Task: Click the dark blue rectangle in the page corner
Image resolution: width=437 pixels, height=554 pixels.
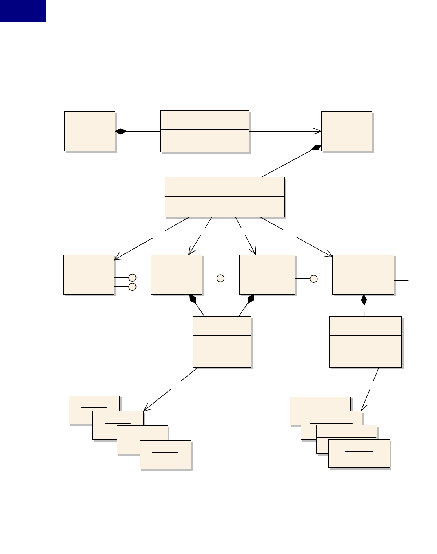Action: (22, 11)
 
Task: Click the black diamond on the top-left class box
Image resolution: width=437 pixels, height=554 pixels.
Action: (121, 132)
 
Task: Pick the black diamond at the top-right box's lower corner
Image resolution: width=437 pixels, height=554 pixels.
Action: (316, 147)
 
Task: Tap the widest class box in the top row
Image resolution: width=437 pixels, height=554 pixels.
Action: (205, 132)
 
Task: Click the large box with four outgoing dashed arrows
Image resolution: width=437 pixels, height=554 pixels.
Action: (224, 197)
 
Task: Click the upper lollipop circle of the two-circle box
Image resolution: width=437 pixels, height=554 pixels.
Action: (133, 278)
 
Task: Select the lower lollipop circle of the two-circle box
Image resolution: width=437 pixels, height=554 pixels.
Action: (133, 287)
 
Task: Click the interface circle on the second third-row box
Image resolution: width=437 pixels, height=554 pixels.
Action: (220, 278)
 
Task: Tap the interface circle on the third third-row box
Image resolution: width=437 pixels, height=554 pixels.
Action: (313, 279)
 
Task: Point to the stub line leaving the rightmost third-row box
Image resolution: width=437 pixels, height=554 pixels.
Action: (401, 281)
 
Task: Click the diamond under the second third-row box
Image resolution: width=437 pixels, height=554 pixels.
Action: (193, 299)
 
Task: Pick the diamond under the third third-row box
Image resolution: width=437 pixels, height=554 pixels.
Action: (251, 299)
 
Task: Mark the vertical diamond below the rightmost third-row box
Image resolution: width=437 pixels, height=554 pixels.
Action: (364, 300)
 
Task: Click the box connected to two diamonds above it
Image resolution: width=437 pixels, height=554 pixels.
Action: (222, 342)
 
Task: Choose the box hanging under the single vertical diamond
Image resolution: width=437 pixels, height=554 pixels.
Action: (365, 342)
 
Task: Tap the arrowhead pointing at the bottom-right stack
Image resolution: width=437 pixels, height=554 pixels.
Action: (363, 407)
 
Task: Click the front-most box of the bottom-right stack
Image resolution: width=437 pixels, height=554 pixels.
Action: (359, 453)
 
